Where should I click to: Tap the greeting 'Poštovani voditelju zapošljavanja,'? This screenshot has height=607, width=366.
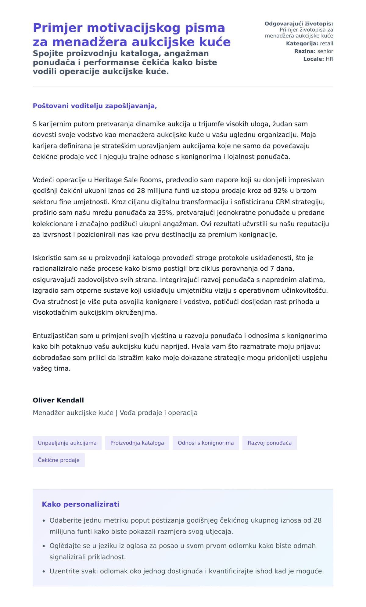[x=95, y=106]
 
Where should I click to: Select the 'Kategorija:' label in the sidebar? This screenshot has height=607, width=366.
[x=302, y=44]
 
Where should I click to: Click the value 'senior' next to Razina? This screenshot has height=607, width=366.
[x=325, y=51]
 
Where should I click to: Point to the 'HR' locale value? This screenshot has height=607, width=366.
[x=329, y=59]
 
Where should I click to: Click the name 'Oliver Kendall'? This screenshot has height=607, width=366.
[x=58, y=400]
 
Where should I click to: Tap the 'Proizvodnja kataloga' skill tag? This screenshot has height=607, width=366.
[x=137, y=443]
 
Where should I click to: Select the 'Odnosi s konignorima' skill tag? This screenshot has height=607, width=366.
[x=206, y=443]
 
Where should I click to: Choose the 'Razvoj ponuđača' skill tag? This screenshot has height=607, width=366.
[x=269, y=443]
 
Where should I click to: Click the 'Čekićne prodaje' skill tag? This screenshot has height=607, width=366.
[x=59, y=460]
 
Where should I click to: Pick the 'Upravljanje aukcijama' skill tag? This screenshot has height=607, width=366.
[x=67, y=443]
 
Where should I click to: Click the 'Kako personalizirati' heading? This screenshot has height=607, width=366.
[x=81, y=504]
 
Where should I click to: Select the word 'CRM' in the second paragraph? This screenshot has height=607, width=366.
[x=282, y=202]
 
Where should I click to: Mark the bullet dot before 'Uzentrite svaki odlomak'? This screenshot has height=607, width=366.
[x=44, y=571]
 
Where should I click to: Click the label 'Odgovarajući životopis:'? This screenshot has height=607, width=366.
[x=299, y=24]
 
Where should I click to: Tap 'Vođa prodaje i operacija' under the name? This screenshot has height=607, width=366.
[x=159, y=413]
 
